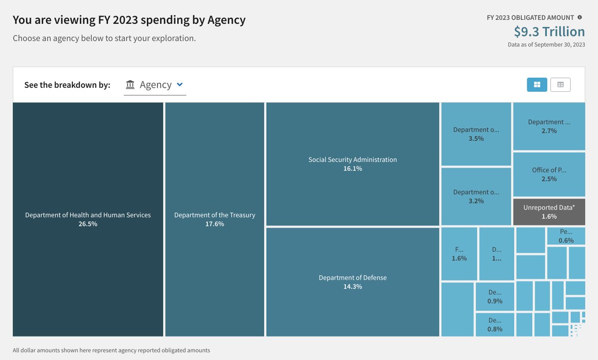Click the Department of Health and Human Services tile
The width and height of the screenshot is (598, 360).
(x=88, y=219)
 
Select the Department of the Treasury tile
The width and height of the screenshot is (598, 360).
(x=214, y=219)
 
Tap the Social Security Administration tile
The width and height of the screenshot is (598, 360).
(x=352, y=164)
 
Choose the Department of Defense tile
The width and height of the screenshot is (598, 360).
(x=352, y=282)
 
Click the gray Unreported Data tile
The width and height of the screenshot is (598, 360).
(x=549, y=212)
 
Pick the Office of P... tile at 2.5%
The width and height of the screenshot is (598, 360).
(x=549, y=174)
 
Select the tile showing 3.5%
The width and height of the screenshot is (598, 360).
(x=476, y=134)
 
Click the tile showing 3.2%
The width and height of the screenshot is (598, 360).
(x=476, y=196)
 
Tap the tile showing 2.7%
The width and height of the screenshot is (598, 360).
(x=549, y=126)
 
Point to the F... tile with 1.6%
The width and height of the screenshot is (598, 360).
(x=459, y=254)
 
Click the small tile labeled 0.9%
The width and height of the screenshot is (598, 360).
(x=495, y=297)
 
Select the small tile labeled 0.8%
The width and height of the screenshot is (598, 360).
(x=495, y=325)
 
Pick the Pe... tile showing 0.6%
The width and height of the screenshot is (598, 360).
(x=566, y=236)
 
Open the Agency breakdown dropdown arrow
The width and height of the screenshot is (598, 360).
(x=180, y=85)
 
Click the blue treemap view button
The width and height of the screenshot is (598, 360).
(x=537, y=85)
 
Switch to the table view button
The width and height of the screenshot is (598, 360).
(x=560, y=85)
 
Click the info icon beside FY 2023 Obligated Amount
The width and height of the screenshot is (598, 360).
(x=580, y=17)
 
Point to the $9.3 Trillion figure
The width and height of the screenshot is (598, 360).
(x=549, y=31)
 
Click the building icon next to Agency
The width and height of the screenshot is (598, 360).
(x=130, y=85)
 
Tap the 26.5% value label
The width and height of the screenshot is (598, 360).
(x=88, y=224)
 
